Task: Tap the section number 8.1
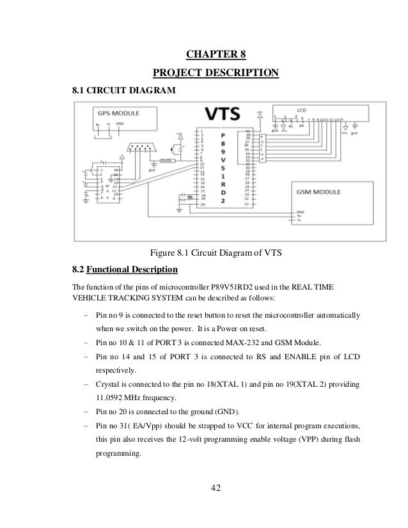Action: (x=81, y=91)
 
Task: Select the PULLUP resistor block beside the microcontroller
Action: (x=262, y=148)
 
